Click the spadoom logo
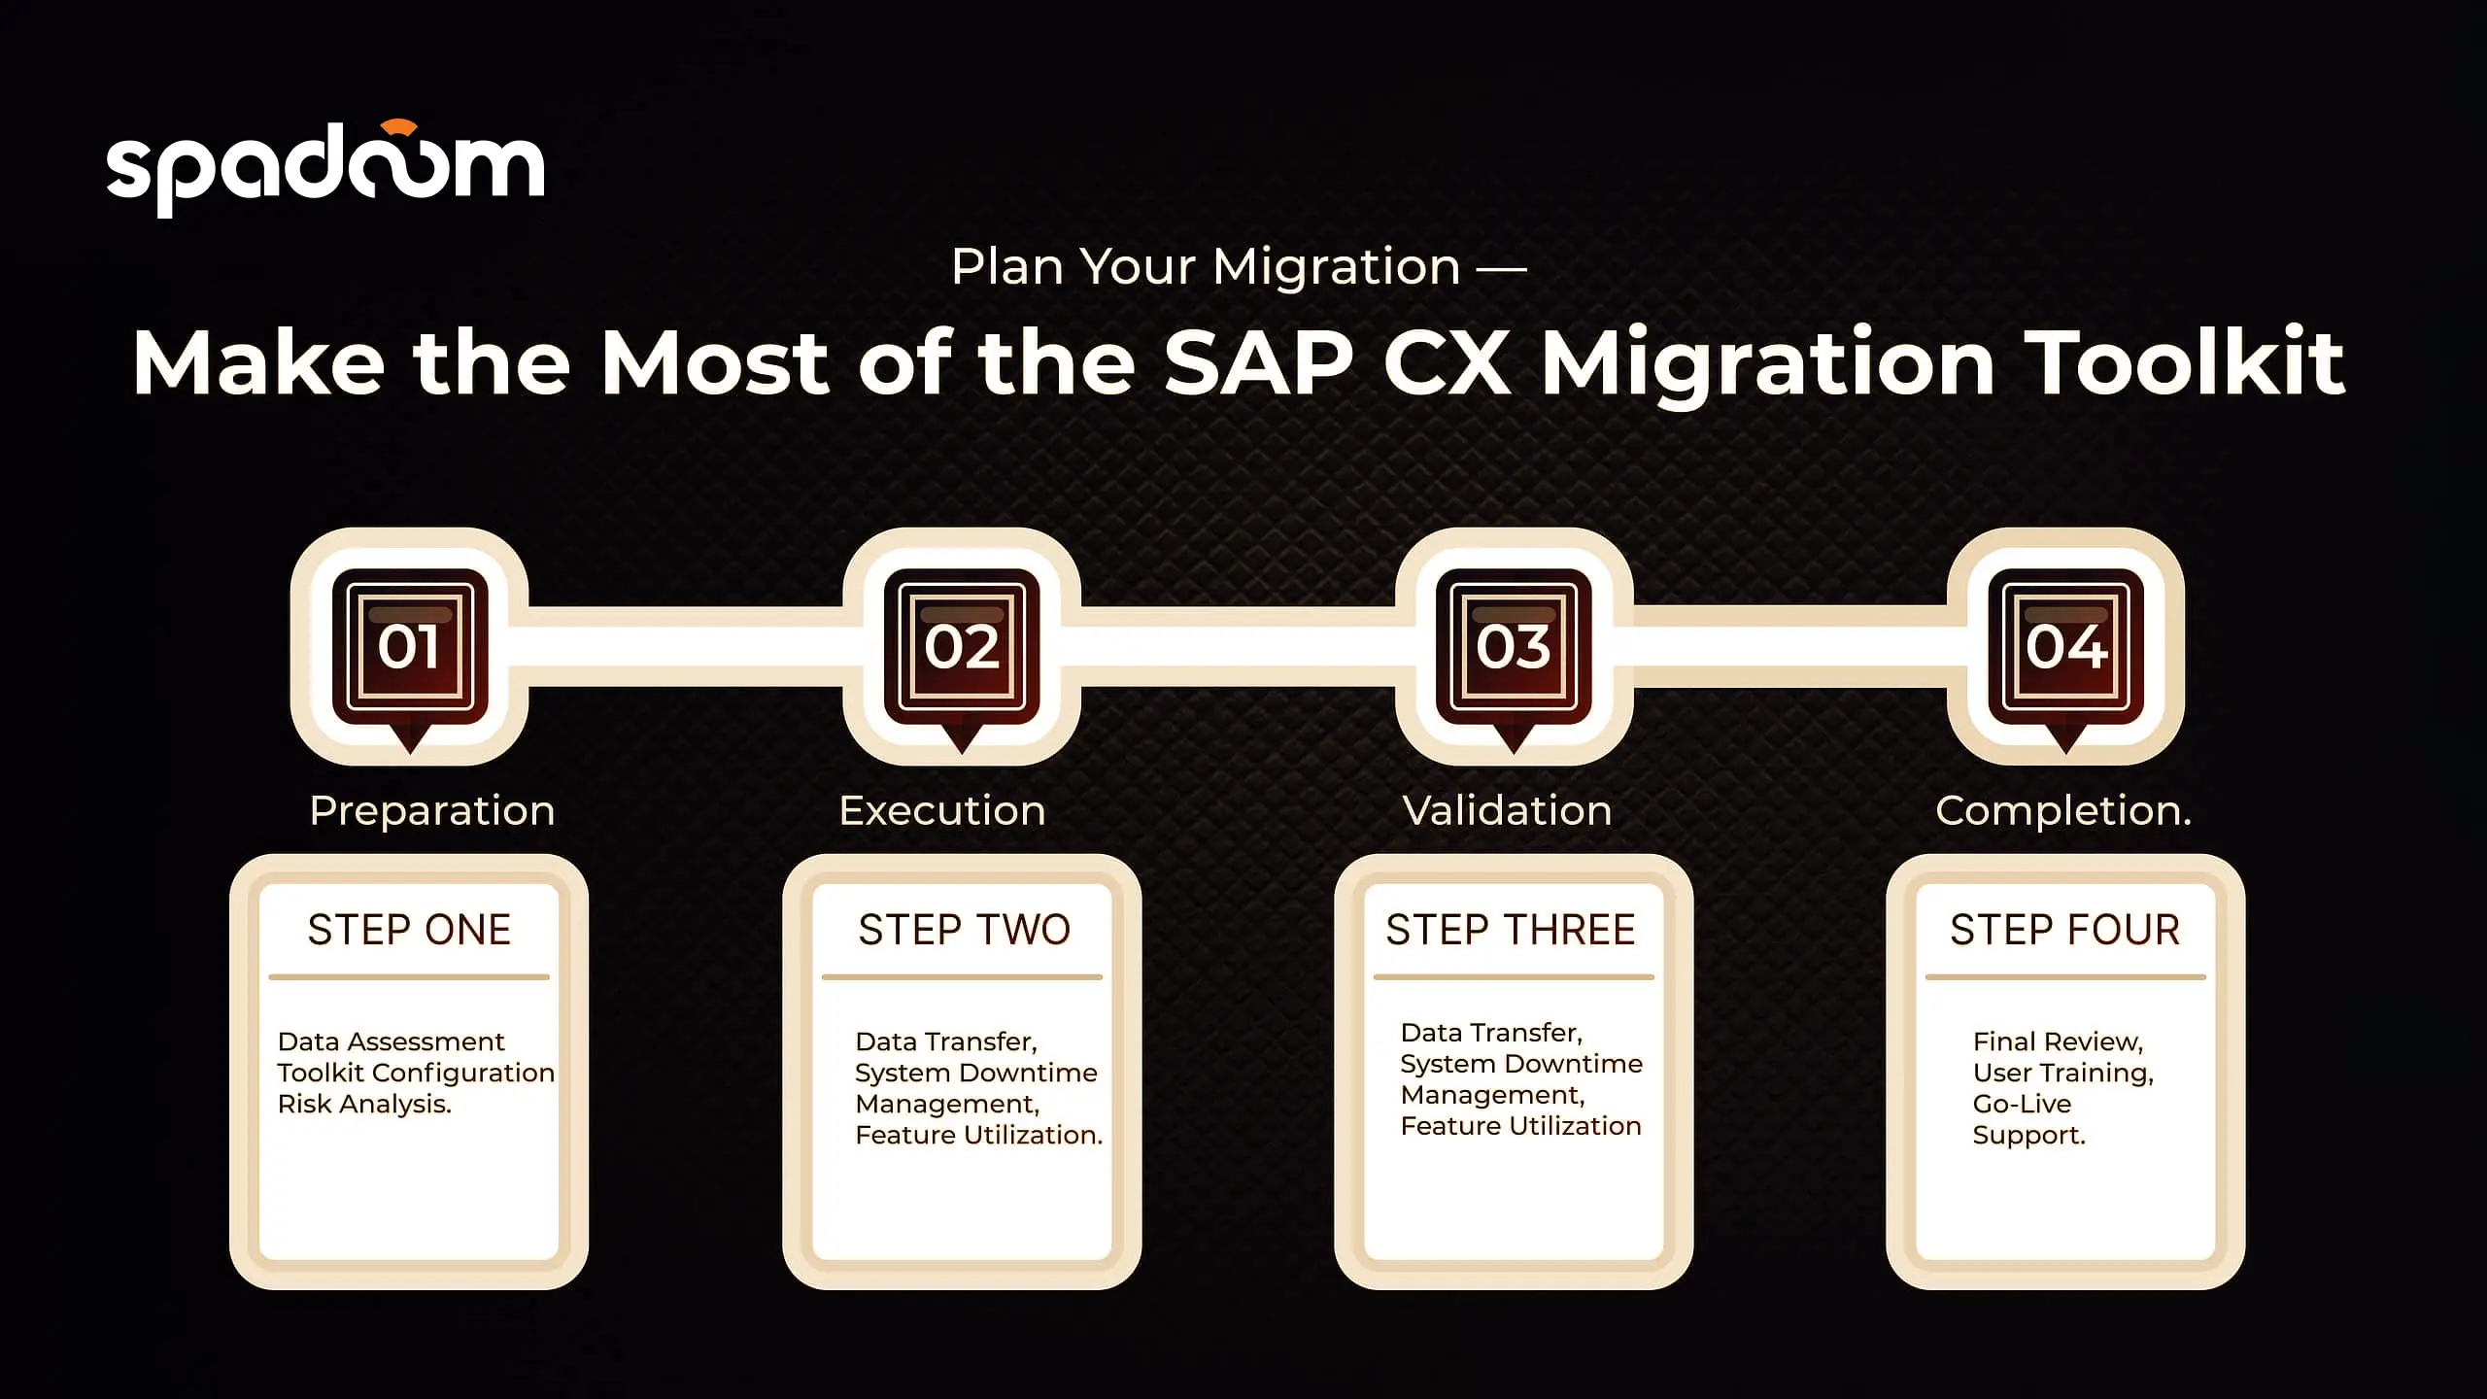point(325,167)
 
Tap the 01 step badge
point(409,647)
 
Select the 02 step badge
point(962,647)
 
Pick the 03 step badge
point(1514,647)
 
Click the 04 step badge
point(2065,647)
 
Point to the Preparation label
point(432,810)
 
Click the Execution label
point(942,810)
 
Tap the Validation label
point(1508,810)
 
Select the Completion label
point(2063,810)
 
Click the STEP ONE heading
point(409,930)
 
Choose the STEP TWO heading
point(965,930)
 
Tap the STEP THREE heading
point(1511,930)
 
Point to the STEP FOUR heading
point(2065,930)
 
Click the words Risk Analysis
point(364,1105)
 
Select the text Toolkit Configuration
point(416,1074)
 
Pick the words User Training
point(2063,1074)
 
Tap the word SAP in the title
point(1258,362)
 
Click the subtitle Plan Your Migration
point(1206,266)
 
